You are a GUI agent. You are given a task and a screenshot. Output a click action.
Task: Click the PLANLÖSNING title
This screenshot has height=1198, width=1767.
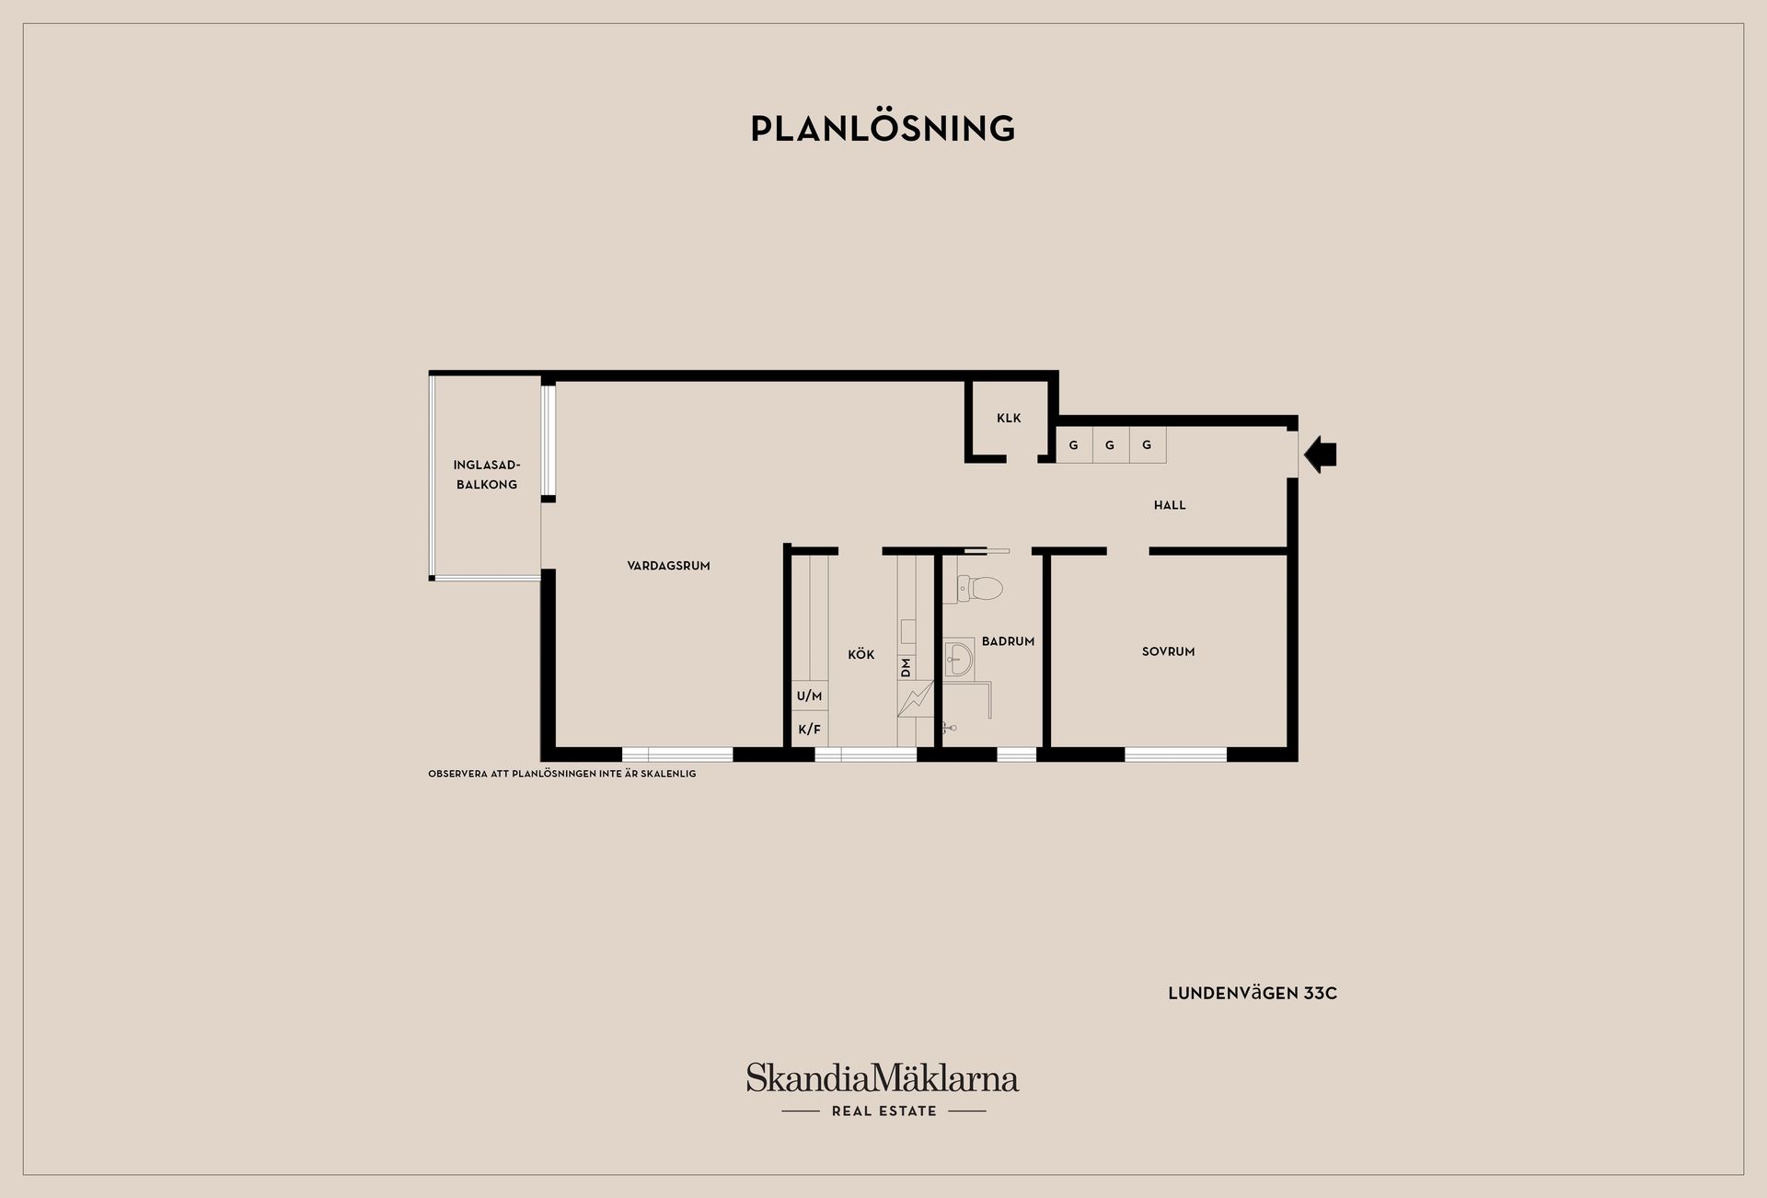(x=883, y=128)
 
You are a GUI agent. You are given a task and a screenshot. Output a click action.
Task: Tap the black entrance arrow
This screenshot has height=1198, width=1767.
(x=1320, y=454)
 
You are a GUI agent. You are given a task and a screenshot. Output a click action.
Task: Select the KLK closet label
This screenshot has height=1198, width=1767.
(x=1009, y=418)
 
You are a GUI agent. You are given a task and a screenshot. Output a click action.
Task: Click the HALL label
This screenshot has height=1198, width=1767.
(x=1170, y=505)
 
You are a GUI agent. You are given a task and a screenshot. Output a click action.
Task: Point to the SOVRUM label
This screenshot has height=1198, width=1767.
(x=1168, y=651)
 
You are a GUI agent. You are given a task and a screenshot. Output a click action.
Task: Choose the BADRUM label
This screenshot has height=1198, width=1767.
(x=1008, y=641)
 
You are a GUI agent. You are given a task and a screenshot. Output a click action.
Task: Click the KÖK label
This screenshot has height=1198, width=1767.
(x=861, y=654)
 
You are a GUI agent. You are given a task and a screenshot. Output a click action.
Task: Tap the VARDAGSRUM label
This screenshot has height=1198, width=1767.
(x=668, y=566)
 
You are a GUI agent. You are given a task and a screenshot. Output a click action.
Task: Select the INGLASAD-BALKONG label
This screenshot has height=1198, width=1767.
(x=487, y=475)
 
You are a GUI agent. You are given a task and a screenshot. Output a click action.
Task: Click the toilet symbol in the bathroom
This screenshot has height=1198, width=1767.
(x=974, y=588)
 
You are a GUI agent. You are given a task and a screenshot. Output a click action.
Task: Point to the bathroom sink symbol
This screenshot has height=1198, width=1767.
(x=959, y=660)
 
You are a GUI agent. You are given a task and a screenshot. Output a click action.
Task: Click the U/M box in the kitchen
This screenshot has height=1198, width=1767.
(x=809, y=697)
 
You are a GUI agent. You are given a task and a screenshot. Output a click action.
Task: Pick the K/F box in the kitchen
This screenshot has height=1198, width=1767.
(x=809, y=729)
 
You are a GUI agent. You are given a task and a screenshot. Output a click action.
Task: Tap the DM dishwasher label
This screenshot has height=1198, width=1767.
(x=907, y=667)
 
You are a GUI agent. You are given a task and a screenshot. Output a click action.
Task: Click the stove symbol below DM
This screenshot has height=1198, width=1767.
(x=916, y=699)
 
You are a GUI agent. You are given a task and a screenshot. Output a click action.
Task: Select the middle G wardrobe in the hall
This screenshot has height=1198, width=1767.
(x=1110, y=445)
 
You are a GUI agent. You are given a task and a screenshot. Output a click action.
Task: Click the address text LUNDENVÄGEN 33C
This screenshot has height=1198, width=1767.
(x=1253, y=994)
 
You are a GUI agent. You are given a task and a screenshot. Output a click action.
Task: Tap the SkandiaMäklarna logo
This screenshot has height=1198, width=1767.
(x=883, y=1077)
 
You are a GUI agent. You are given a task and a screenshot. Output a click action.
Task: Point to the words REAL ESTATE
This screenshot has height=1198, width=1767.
(x=883, y=1112)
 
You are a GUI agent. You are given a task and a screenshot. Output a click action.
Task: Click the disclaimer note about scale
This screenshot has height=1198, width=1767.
(x=562, y=774)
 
